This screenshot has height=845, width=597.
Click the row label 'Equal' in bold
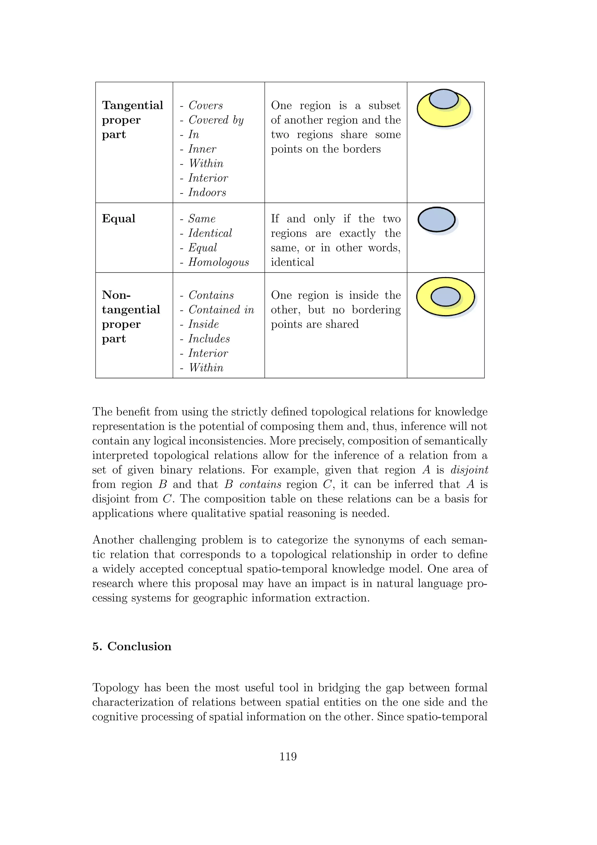tap(118, 219)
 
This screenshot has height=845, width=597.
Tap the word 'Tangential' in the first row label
tap(132, 105)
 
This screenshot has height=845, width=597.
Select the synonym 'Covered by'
tap(216, 120)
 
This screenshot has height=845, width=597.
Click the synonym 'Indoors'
tap(207, 193)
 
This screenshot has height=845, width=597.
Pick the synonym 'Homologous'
tap(218, 262)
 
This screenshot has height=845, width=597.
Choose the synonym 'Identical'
tap(210, 233)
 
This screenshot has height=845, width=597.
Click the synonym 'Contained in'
tap(221, 310)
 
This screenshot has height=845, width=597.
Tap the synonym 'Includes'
tap(209, 339)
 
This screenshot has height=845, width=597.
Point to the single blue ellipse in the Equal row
tap(436, 220)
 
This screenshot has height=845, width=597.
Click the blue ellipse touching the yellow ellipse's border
tap(444, 99)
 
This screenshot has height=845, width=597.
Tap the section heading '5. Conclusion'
tap(132, 646)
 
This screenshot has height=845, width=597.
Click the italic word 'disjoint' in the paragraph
tap(469, 470)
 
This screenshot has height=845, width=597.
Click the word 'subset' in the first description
tap(384, 106)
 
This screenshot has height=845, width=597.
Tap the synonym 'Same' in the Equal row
tap(201, 219)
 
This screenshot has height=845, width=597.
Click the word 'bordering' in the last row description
tap(376, 310)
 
